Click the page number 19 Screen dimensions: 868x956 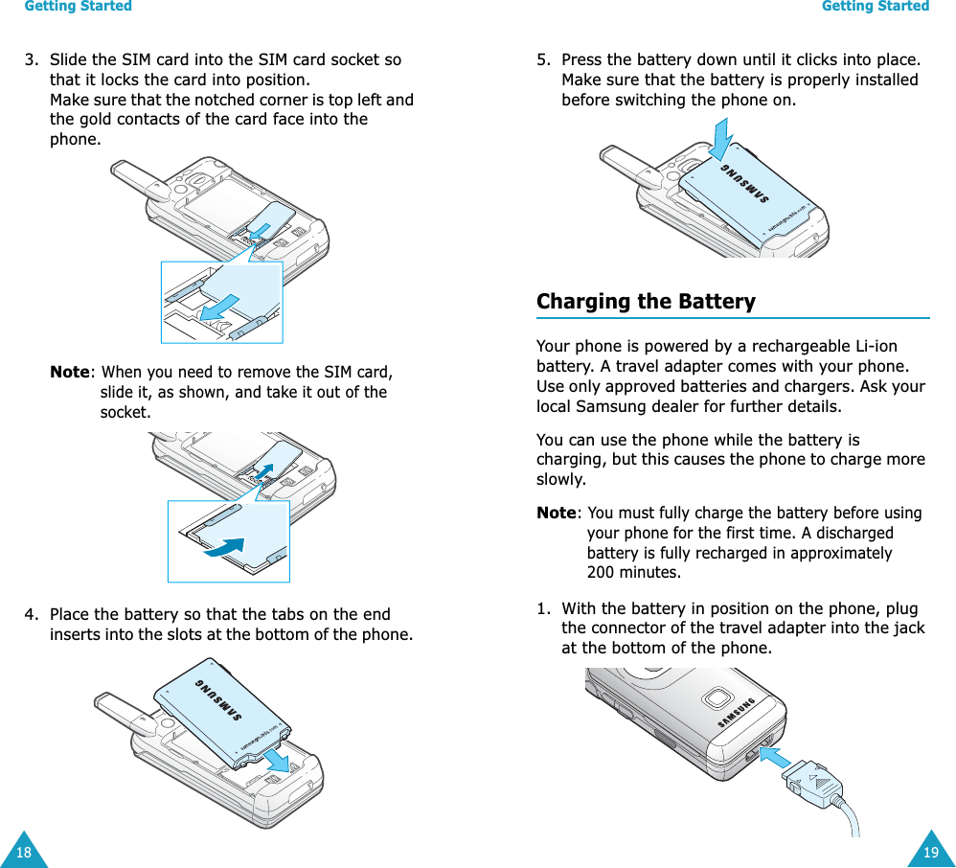[x=931, y=853]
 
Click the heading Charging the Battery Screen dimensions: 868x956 [x=646, y=302]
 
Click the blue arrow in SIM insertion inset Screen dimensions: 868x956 [x=221, y=305]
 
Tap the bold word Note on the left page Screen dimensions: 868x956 [x=70, y=372]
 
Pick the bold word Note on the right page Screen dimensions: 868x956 [x=557, y=513]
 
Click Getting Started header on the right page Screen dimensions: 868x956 [x=876, y=7]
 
